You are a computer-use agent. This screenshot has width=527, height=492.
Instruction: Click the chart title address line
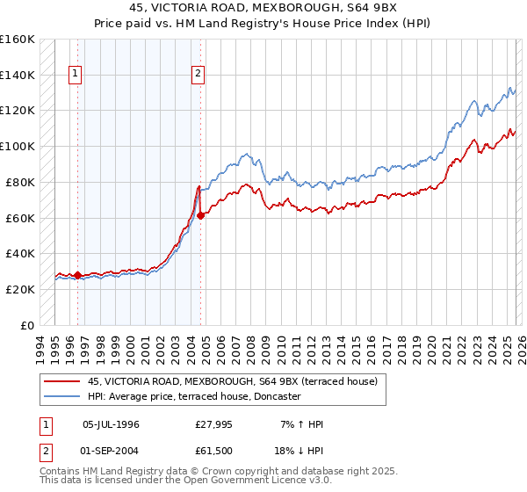pos(263,9)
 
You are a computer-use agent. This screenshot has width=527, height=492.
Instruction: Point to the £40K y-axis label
pos(20,253)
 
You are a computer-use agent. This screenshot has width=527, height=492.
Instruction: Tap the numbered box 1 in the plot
pos(76,75)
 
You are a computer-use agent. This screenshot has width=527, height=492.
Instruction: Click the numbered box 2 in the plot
pos(199,75)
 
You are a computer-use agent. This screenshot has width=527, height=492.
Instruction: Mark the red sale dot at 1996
pos(77,275)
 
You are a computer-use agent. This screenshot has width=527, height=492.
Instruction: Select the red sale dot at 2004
pos(200,214)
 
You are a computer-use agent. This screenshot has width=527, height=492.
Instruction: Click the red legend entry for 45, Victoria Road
pos(232,381)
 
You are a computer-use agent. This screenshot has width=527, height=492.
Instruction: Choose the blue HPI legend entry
pos(194,397)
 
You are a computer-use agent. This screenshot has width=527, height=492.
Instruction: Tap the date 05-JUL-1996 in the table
pos(111,424)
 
